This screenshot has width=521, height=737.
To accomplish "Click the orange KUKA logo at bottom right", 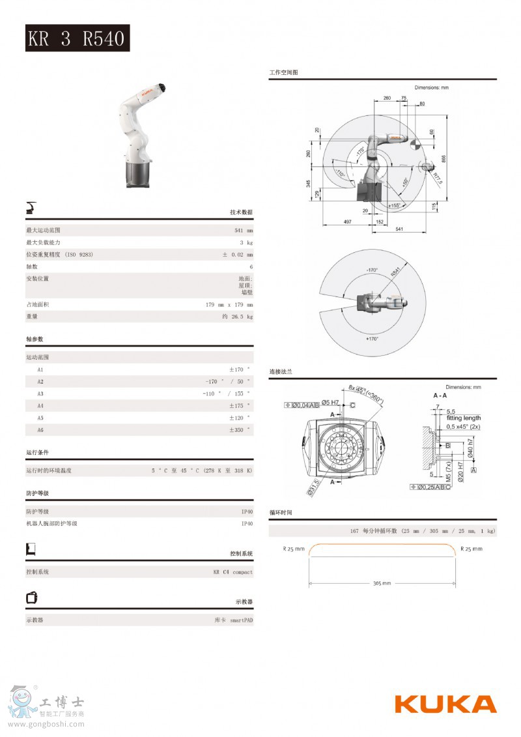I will [x=445, y=704].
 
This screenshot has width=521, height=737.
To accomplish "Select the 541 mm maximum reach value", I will [x=244, y=231].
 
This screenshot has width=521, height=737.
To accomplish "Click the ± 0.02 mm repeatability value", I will [x=238, y=254].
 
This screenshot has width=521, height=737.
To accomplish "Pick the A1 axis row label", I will [x=40, y=369].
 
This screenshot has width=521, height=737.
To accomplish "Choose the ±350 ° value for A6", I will [x=239, y=430].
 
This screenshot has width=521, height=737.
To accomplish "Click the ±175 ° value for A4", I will [x=239, y=406].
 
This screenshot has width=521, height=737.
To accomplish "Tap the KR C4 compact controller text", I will [x=232, y=572].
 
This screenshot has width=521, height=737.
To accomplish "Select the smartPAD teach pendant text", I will [x=233, y=620].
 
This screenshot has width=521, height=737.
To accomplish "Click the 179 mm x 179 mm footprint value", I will [x=229, y=304].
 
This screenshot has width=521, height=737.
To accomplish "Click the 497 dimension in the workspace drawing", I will [x=347, y=222].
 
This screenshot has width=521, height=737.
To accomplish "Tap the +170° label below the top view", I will [x=372, y=339].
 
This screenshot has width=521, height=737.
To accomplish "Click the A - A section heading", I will [x=440, y=396].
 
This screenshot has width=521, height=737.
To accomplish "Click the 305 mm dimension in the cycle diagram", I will [x=382, y=583].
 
